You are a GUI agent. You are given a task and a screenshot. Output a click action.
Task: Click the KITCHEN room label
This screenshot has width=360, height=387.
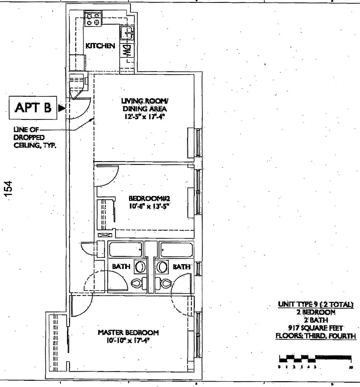100,46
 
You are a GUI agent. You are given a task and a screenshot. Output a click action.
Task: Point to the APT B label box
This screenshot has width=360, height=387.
33,108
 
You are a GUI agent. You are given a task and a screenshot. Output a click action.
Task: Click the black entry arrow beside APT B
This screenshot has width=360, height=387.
61,108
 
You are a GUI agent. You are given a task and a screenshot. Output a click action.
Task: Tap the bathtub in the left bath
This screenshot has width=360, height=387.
125,250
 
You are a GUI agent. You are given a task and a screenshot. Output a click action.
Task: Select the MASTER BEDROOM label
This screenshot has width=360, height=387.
128,333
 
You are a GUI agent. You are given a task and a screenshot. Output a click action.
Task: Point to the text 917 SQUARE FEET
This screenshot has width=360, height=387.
316,327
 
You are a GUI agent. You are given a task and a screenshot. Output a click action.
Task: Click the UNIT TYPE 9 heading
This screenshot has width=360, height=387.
316,304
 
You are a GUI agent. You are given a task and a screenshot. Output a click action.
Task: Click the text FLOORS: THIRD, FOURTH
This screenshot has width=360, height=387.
316,335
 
